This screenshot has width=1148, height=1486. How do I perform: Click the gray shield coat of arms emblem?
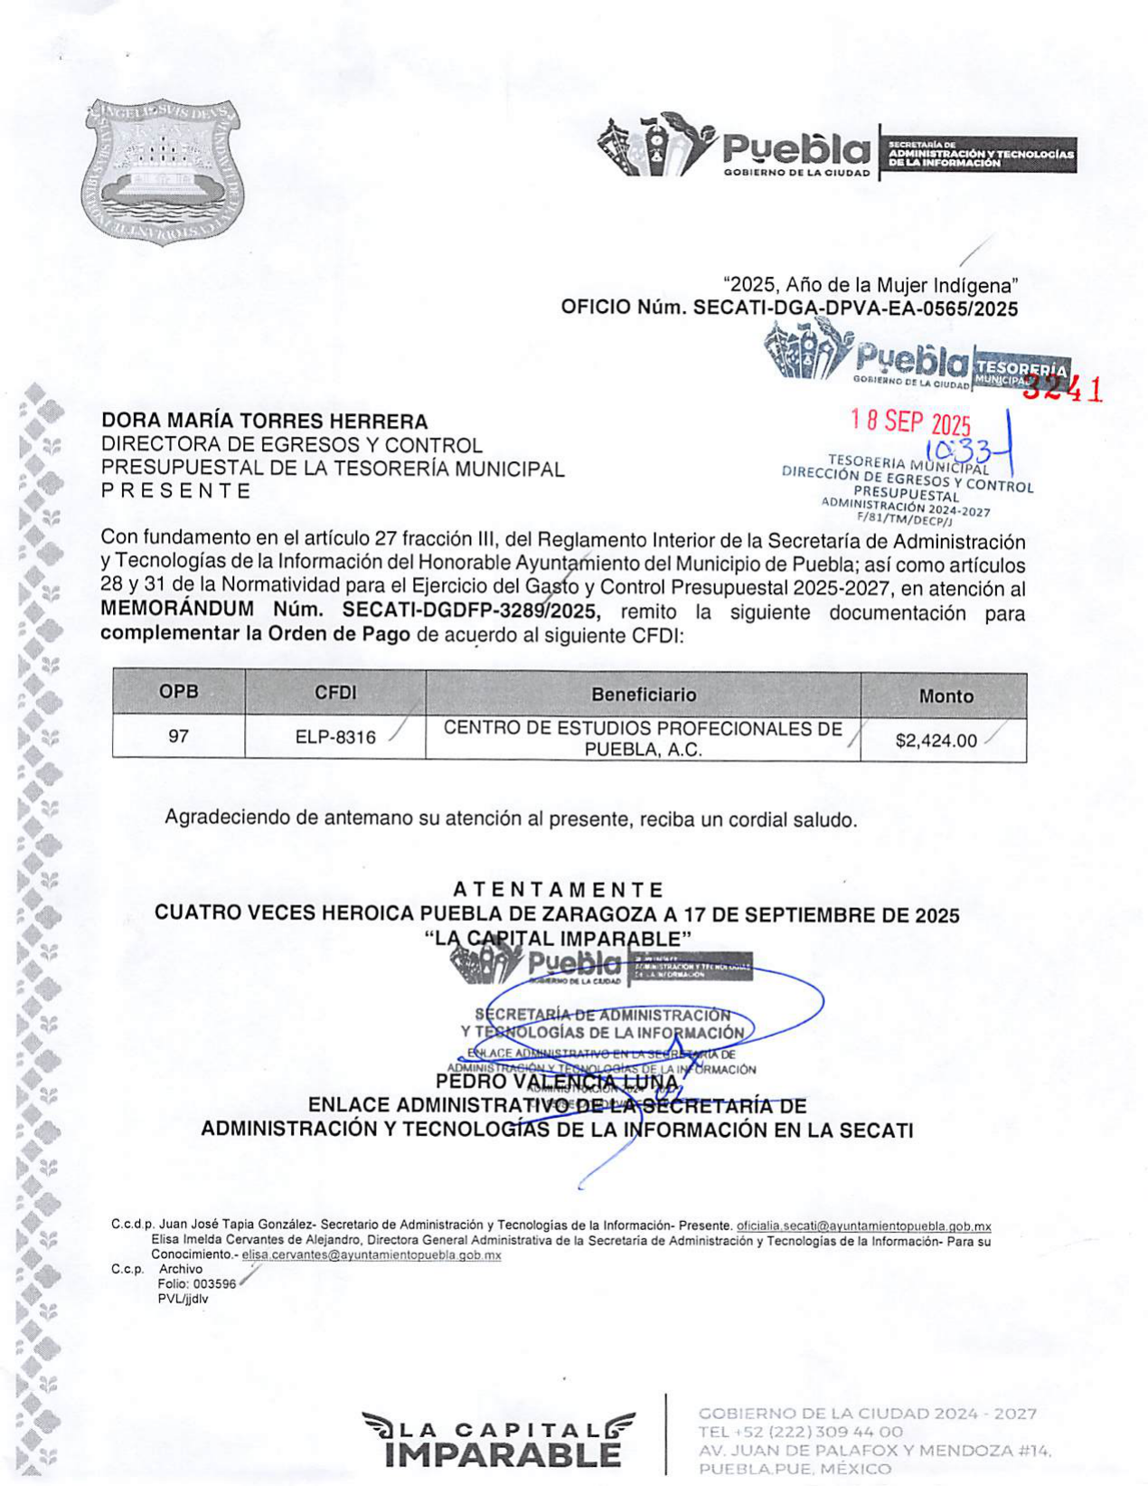pyautogui.click(x=165, y=171)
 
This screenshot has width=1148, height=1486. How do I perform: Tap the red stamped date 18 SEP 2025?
pyautogui.click(x=910, y=421)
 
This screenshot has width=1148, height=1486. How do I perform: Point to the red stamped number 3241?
pyautogui.click(x=1063, y=388)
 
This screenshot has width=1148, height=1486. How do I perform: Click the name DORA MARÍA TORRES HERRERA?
pyautogui.click(x=264, y=421)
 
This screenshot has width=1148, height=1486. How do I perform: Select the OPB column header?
pyautogui.click(x=178, y=692)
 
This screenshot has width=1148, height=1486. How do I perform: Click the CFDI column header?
pyautogui.click(x=335, y=693)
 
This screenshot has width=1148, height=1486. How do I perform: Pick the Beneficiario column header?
pyautogui.click(x=643, y=695)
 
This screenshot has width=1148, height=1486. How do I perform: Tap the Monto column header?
pyautogui.click(x=946, y=696)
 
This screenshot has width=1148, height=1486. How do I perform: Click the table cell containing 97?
pyautogui.click(x=178, y=737)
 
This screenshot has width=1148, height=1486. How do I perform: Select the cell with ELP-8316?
pyautogui.click(x=335, y=738)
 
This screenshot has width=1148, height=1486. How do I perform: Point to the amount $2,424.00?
pyautogui.click(x=936, y=741)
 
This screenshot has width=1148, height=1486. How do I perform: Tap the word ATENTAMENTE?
pyautogui.click(x=558, y=890)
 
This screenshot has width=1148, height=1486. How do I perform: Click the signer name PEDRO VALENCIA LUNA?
pyautogui.click(x=557, y=1082)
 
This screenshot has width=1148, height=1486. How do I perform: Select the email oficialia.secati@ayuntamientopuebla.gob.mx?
pyautogui.click(x=863, y=1226)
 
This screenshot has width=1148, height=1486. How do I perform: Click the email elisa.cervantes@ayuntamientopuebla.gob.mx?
pyautogui.click(x=371, y=1255)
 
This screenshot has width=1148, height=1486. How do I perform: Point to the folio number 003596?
pyautogui.click(x=214, y=1284)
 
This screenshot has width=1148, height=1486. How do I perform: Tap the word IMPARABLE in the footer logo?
pyautogui.click(x=502, y=1455)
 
